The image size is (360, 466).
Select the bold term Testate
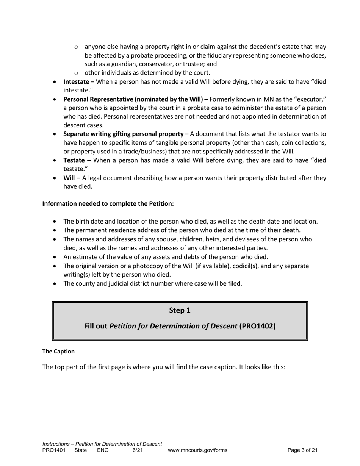tap(74, 160)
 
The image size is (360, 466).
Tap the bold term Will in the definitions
tap(69, 178)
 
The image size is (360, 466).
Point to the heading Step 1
tap(180, 310)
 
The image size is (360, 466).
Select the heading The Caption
tap(58, 351)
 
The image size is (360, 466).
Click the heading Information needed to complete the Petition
tap(108, 203)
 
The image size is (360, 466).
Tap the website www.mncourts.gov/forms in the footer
tap(197, 450)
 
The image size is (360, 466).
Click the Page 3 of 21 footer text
tap(302, 450)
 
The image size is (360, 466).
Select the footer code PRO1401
tap(54, 450)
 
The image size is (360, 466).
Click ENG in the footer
tap(103, 450)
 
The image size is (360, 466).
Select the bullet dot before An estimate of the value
tap(56, 257)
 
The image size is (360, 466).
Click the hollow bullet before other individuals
tap(76, 73)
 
